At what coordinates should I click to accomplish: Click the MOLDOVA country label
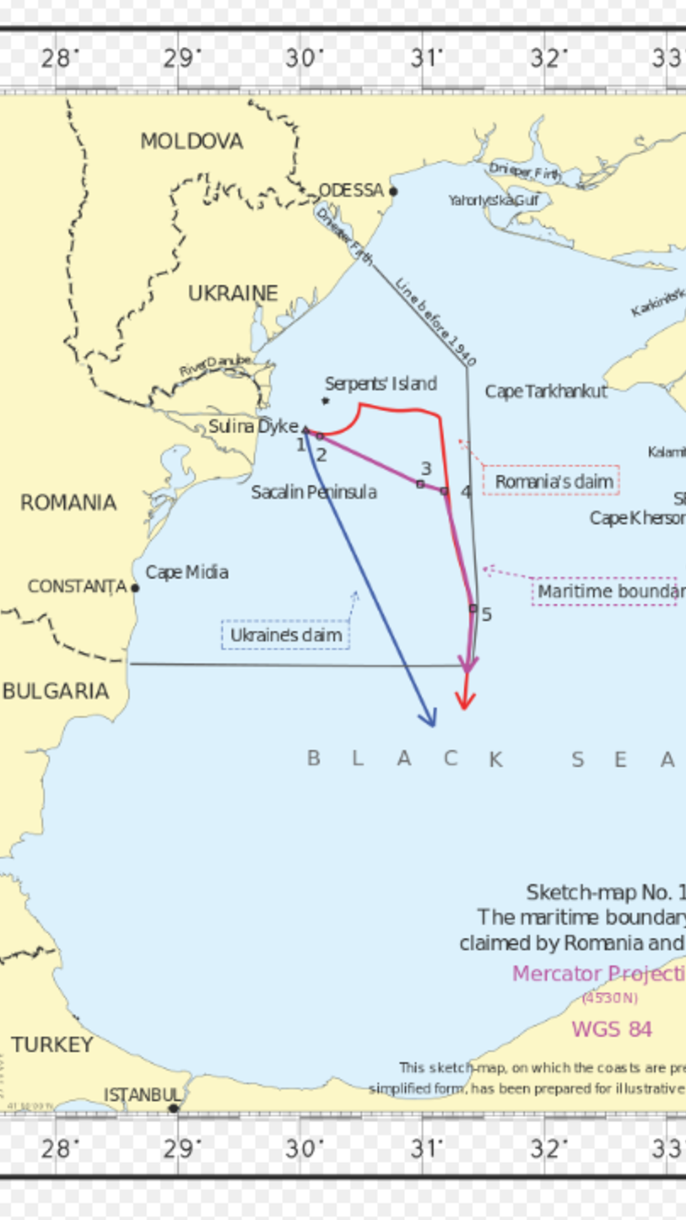pos(191,141)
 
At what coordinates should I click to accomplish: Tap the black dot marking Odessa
pos(393,191)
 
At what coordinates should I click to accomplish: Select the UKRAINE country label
pos(233,293)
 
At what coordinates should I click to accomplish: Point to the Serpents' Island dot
pos(325,401)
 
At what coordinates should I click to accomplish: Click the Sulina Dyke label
pos(253,426)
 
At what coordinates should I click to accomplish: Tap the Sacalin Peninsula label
pos(314,492)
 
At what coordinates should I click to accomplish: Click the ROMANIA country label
pos(69,503)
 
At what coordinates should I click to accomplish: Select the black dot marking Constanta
pos(135,588)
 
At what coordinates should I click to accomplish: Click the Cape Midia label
pos(187,572)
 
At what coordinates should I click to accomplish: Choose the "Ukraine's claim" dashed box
pos(285,635)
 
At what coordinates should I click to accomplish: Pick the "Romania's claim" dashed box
pos(551,481)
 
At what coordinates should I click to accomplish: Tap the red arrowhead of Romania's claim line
pos(465,701)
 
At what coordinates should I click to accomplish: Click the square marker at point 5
pos(473,608)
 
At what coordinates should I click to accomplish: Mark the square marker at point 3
pos(420,484)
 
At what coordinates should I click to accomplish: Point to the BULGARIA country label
pos(56,691)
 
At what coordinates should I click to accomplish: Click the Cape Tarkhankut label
pos(546,391)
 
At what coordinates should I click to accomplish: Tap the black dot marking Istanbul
pos(173,1108)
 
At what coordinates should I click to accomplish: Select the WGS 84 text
pos(612,1029)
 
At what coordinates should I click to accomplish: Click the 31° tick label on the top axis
pos(426,58)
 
